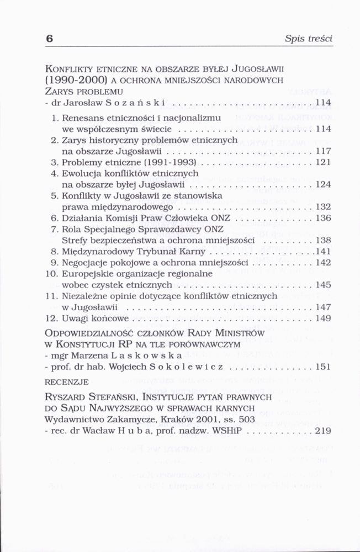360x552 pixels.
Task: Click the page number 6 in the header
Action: tap(49, 39)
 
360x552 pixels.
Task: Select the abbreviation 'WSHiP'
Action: tap(227, 429)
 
